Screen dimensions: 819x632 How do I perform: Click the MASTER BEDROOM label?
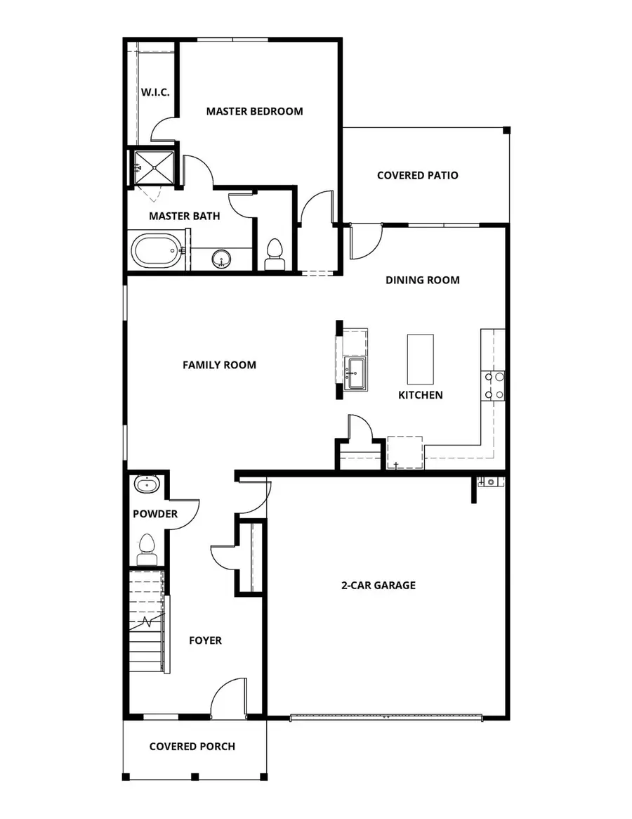[254, 111]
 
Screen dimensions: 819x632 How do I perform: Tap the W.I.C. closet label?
[154, 92]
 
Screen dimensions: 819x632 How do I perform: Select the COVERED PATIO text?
[417, 175]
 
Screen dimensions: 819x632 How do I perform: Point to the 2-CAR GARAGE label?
[378, 585]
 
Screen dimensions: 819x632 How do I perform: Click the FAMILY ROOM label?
[219, 365]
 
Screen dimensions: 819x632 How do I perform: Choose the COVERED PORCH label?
[192, 747]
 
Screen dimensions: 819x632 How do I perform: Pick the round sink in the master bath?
[223, 259]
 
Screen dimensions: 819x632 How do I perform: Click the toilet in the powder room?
[147, 548]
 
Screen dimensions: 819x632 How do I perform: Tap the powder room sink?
[147, 485]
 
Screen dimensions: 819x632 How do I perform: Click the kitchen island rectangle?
[421, 357]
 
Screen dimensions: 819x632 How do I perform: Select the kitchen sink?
[354, 369]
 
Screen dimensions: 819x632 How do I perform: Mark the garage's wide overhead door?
[386, 717]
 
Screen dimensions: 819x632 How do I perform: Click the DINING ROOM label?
[423, 280]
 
